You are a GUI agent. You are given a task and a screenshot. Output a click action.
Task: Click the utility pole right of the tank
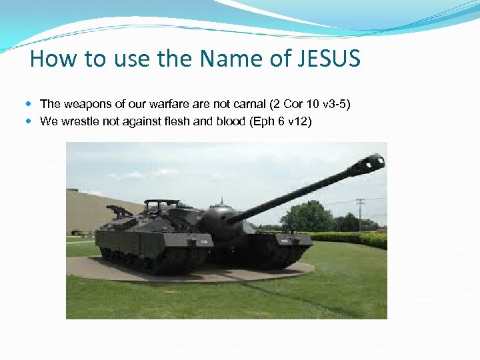coord(360,213)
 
